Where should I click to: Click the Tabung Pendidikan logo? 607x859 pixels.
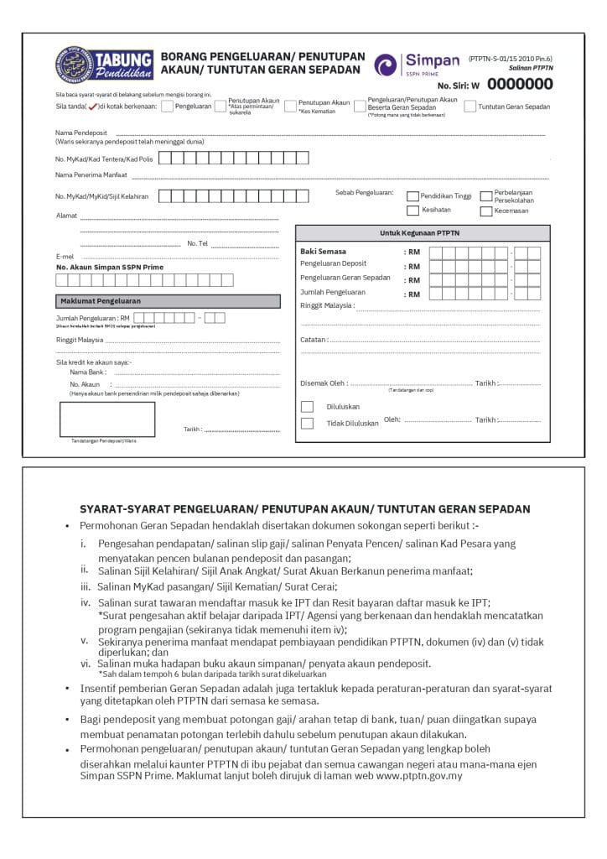(104, 65)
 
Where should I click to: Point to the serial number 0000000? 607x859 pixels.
(520, 84)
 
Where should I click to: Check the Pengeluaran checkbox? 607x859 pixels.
(167, 107)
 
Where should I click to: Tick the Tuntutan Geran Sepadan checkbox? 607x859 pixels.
(470, 107)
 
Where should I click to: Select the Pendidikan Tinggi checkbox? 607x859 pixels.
(412, 196)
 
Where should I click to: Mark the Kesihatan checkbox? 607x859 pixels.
(412, 211)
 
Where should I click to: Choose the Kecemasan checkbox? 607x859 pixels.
(485, 211)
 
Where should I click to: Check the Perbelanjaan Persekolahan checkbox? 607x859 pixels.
(485, 196)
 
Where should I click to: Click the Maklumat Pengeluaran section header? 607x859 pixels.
(100, 300)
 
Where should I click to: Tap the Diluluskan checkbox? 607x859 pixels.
(307, 407)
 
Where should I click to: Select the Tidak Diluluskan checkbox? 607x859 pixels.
(307, 423)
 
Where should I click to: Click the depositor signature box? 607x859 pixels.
(106, 419)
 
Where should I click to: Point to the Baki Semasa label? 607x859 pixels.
(323, 251)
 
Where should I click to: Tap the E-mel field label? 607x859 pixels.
(65, 256)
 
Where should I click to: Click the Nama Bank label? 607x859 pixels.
(88, 371)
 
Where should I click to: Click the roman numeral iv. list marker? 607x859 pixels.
(85, 602)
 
